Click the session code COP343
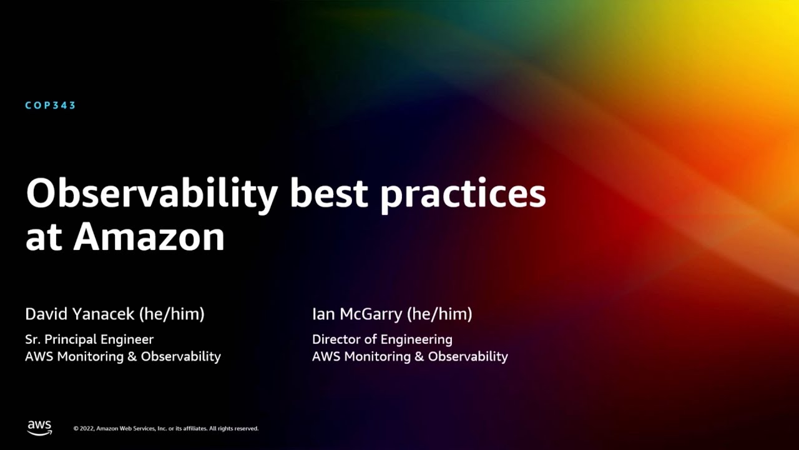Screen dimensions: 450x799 (51, 105)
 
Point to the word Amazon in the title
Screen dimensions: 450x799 (149, 237)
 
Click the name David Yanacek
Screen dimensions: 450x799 (79, 314)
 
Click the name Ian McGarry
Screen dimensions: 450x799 (357, 314)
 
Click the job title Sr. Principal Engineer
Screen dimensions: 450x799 (89, 339)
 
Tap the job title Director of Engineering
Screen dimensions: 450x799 (382, 339)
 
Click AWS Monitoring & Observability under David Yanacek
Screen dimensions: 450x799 (123, 356)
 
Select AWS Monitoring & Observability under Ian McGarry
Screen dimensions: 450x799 (410, 356)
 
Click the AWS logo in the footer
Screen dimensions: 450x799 (39, 427)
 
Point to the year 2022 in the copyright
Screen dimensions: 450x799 (87, 429)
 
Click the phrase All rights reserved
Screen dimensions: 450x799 (233, 429)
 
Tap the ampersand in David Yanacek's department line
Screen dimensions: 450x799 (132, 356)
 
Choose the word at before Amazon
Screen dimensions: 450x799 (43, 238)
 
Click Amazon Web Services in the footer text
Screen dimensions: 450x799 (125, 429)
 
